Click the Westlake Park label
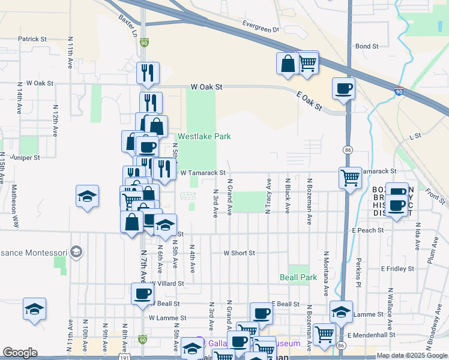(204, 136)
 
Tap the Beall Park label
(298, 278)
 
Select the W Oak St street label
(206, 87)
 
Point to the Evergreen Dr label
(261, 26)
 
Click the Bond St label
(367, 46)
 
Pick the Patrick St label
(32, 39)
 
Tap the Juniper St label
(25, 158)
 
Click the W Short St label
(240, 253)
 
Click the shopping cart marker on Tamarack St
(350, 178)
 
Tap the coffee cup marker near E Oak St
(344, 89)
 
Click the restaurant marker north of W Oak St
(147, 73)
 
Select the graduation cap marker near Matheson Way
(87, 196)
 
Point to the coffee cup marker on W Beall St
(143, 293)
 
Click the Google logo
(20, 353)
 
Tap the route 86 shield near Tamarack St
(347, 148)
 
